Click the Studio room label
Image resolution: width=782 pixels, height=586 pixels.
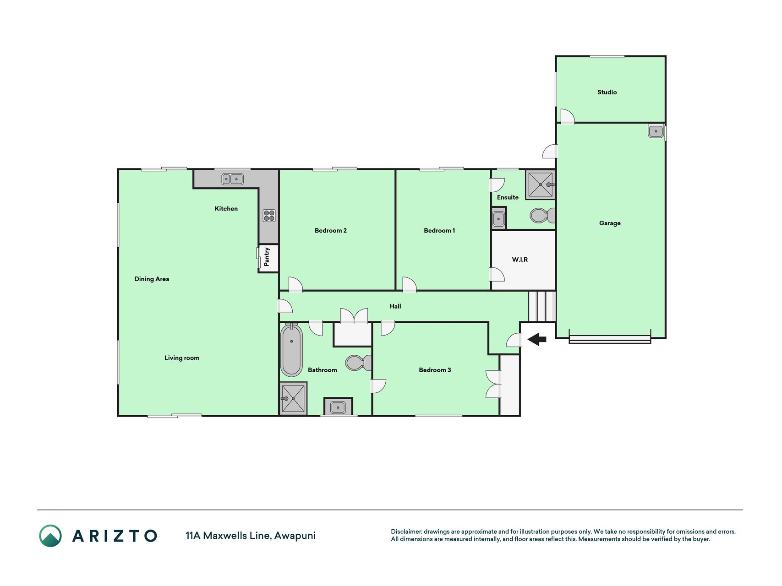607,92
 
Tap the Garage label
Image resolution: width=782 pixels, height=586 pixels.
610,223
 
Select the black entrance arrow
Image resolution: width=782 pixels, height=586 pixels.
537,339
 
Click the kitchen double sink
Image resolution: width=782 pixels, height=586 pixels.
232,179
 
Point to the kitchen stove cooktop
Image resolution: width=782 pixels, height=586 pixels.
269,215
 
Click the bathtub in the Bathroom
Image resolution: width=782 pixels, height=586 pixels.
291,350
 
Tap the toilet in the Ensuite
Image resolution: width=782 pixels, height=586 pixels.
542,215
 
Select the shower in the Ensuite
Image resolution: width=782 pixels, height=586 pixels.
541,184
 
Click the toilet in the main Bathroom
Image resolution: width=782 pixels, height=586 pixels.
358,363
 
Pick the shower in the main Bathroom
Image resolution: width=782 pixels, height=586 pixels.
293,398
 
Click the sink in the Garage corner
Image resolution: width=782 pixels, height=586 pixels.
656,131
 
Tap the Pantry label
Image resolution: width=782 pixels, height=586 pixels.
267,257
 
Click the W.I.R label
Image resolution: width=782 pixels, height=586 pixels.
520,260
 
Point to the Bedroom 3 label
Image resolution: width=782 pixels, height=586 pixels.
435,370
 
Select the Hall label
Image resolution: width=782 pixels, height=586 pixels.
395,306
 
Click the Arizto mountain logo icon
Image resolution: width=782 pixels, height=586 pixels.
50,536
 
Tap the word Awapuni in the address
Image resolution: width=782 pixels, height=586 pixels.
295,536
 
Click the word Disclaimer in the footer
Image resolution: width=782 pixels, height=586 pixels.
406,532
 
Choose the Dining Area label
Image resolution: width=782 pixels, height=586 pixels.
152,279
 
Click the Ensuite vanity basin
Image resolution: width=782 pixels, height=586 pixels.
498,219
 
